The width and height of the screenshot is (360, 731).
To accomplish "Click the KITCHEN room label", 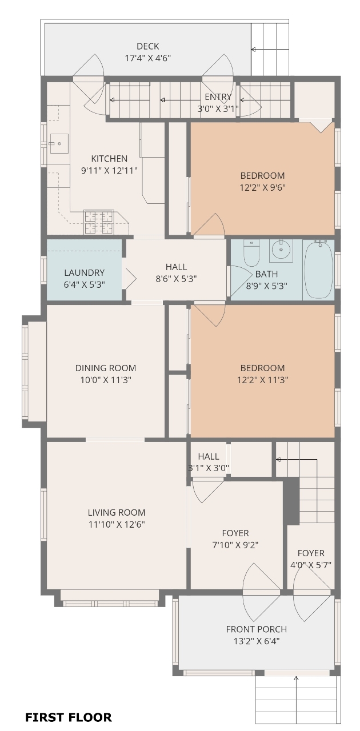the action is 109,159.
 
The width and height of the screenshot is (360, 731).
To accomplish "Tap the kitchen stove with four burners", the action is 99,222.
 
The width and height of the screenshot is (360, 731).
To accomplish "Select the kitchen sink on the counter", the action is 59,143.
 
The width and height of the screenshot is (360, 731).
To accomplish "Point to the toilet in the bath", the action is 251,253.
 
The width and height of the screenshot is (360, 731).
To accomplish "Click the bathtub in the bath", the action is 318,270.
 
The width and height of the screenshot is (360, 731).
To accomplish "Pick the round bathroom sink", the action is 281,250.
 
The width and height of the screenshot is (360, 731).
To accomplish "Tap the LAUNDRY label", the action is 84,272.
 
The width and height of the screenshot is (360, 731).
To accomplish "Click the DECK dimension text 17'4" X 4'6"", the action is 148,58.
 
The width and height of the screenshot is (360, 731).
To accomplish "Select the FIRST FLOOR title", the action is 69,717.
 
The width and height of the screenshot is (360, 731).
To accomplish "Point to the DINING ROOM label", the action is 106,368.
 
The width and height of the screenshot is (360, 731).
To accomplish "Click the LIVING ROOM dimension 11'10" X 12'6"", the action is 117,524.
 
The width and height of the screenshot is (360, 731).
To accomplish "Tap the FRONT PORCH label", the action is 257,629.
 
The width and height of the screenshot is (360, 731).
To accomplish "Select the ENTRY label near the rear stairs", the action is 218,97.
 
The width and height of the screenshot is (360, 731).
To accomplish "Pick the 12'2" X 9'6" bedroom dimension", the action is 262,188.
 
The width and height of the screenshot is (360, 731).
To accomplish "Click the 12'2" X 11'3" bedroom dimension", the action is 262,380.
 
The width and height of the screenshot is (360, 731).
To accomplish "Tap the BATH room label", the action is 266,274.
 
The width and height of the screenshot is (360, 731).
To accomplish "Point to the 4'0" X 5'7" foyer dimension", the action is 311,565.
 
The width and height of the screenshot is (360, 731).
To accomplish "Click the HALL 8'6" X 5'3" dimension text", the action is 176,279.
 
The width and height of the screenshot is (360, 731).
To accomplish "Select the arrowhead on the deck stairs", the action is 253,50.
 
